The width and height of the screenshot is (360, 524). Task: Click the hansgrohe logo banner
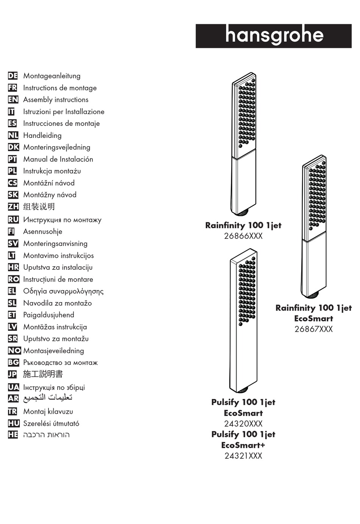[274, 36]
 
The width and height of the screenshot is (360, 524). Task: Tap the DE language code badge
[13, 76]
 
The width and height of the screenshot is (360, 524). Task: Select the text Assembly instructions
[56, 100]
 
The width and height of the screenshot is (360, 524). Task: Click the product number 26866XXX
[243, 236]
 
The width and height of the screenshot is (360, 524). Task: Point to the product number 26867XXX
[313, 329]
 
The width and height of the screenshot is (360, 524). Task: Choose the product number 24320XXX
[243, 424]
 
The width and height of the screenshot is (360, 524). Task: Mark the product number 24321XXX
[243, 456]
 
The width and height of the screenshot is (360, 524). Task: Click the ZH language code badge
[13, 206]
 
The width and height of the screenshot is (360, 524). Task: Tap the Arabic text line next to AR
[48, 397]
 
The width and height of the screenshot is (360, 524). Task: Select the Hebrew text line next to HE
[46, 435]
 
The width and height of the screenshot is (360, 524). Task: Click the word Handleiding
[42, 135]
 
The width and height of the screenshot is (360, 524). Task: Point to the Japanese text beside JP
[43, 374]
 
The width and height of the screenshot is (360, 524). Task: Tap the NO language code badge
[14, 350]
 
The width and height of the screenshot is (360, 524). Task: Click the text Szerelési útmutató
[51, 423]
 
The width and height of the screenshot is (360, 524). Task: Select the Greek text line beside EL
[63, 291]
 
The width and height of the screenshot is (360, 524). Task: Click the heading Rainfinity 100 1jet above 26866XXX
[243, 225]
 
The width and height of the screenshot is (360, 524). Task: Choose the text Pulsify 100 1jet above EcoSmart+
[243, 434]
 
